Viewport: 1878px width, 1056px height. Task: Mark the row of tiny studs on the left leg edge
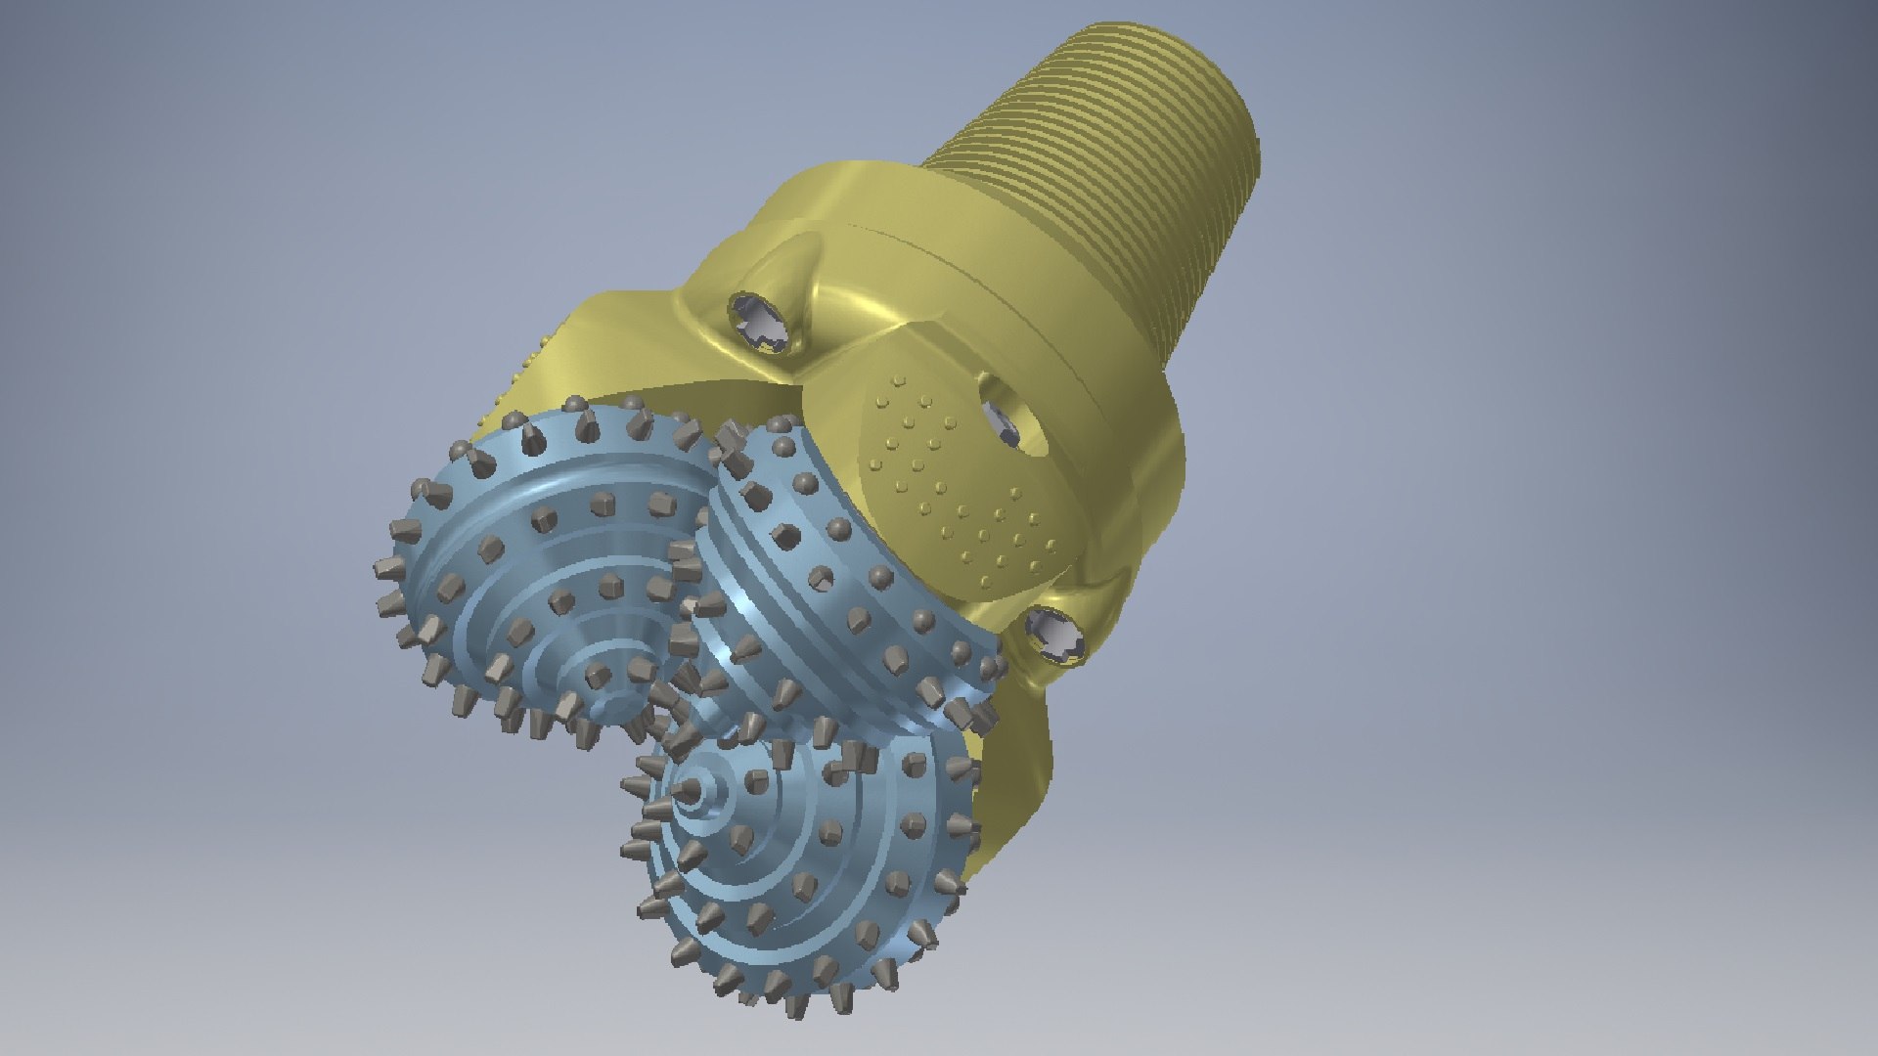point(518,381)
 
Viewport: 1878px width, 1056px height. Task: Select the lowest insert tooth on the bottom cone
point(793,1007)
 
